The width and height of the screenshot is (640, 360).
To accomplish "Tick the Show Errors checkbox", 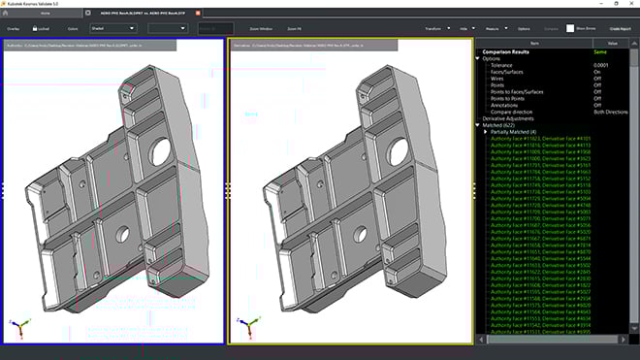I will click(x=570, y=29).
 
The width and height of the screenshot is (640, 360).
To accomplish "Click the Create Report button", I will click(x=620, y=29).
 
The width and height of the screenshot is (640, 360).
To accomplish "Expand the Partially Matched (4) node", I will click(x=486, y=131).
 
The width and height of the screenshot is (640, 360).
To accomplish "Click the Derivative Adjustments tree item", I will click(x=513, y=117).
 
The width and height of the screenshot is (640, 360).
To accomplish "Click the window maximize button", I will click(x=611, y=4).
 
